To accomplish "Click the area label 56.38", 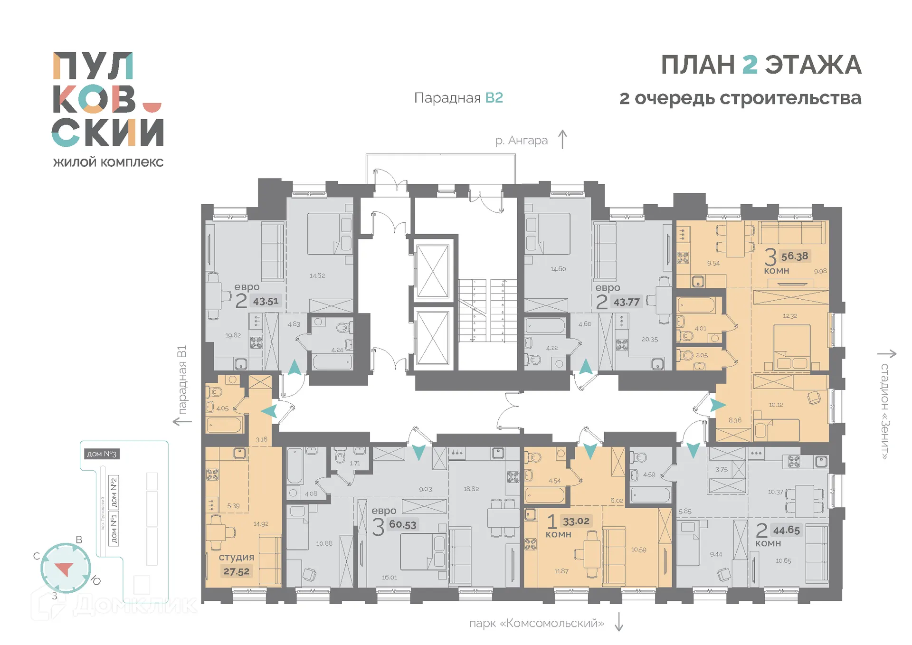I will pyautogui.click(x=795, y=256).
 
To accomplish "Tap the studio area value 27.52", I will pyautogui.click(x=237, y=572).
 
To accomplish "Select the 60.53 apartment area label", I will pyautogui.click(x=403, y=525).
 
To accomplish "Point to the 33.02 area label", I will pyautogui.click(x=576, y=522).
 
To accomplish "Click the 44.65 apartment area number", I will pyautogui.click(x=787, y=531).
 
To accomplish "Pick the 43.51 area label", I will pyautogui.click(x=266, y=302).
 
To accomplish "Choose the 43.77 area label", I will pyautogui.click(x=627, y=303).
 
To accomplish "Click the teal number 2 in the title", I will pyautogui.click(x=750, y=65).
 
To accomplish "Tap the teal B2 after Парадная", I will pyautogui.click(x=494, y=98).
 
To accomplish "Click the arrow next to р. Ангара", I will pyautogui.click(x=562, y=140).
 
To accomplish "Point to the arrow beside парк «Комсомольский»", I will pyautogui.click(x=619, y=622).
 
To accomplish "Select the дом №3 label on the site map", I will pyautogui.click(x=101, y=454).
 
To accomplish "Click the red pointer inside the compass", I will pyautogui.click(x=64, y=569).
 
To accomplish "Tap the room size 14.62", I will pyautogui.click(x=317, y=276).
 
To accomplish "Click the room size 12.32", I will pyautogui.click(x=790, y=316).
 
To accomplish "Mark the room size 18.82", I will pyautogui.click(x=471, y=489).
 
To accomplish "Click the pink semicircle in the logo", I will pyautogui.click(x=152, y=107).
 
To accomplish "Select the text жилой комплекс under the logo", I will pyautogui.click(x=108, y=162).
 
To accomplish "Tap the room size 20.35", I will pyautogui.click(x=650, y=340).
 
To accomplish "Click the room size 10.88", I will pyautogui.click(x=324, y=543).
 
